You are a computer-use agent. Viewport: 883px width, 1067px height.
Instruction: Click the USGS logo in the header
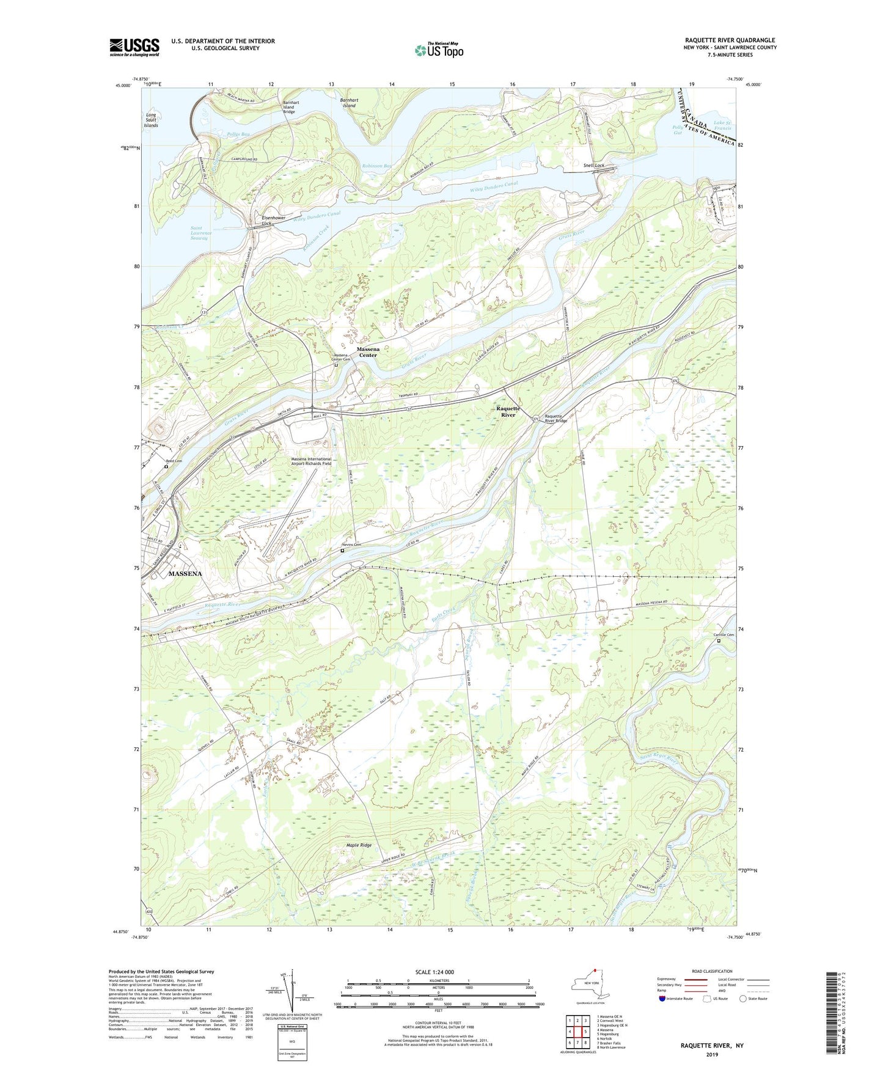click(134, 47)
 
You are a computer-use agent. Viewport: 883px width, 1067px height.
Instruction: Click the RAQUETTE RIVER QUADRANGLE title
click(730, 40)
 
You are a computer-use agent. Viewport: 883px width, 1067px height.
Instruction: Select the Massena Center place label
click(368, 352)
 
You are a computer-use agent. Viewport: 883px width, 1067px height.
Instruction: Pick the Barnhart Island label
click(348, 102)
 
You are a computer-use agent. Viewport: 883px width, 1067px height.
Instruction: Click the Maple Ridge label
click(359, 845)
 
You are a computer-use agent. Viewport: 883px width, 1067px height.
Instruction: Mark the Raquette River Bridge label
click(556, 418)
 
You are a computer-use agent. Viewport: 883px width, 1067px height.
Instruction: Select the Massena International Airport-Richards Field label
click(311, 461)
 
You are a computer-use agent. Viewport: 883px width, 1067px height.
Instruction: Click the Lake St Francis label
click(722, 126)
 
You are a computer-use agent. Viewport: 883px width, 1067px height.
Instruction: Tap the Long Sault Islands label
click(151, 120)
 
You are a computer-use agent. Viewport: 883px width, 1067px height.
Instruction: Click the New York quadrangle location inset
click(589, 985)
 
